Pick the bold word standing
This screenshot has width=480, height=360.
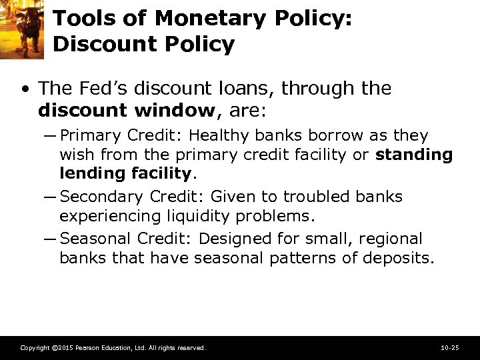[414, 155]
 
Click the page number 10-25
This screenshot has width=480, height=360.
[450, 348]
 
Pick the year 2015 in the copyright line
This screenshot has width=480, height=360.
[62, 348]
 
